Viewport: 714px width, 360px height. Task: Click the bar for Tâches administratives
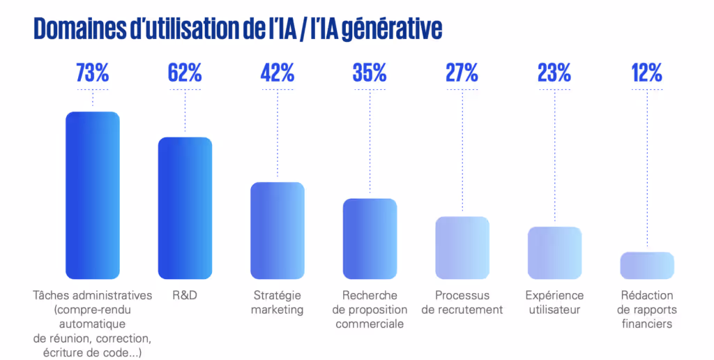(x=93, y=195)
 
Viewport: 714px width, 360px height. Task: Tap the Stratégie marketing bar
(x=278, y=230)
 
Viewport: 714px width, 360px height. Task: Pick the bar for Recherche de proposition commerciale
(x=370, y=239)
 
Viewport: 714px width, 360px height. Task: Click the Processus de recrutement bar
(x=462, y=248)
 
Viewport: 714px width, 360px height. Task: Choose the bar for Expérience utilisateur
(x=554, y=253)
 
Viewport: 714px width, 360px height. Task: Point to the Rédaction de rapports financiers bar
(x=647, y=265)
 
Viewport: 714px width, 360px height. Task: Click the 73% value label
(x=93, y=73)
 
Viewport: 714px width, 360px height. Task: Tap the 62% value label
(x=185, y=73)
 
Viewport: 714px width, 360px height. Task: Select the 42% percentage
(x=278, y=73)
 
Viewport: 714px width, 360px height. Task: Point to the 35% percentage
(x=370, y=73)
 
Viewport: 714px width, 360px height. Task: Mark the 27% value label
(x=462, y=73)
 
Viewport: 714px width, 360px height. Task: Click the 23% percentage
(x=554, y=73)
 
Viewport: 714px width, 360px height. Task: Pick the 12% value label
(x=646, y=73)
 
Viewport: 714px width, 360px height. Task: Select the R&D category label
(x=185, y=295)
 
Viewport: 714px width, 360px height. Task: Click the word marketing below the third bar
(x=278, y=310)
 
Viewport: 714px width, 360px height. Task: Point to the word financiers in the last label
(x=647, y=324)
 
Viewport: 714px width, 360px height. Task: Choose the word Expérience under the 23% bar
(x=554, y=295)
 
